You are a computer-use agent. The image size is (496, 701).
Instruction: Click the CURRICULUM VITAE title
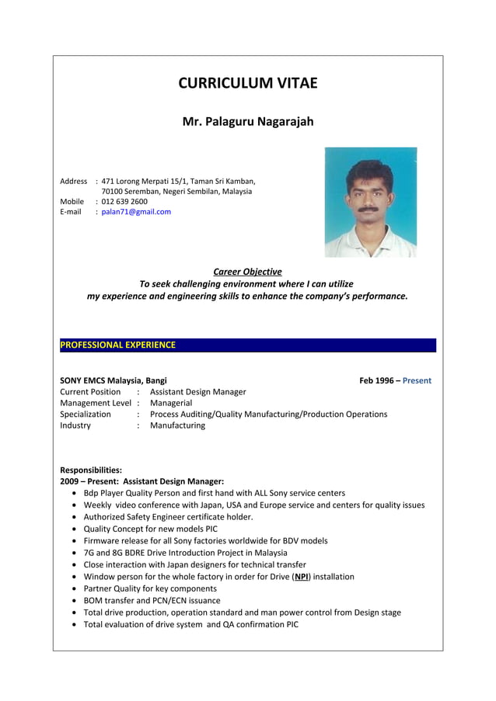247,83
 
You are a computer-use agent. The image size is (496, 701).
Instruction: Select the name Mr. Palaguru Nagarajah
247,122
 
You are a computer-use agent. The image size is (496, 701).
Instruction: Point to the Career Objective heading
247,272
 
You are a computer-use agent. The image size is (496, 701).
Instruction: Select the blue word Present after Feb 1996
417,380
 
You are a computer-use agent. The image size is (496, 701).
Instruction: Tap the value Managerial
171,403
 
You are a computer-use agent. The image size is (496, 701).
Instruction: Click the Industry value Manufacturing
177,425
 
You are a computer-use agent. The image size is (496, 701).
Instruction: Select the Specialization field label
86,415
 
